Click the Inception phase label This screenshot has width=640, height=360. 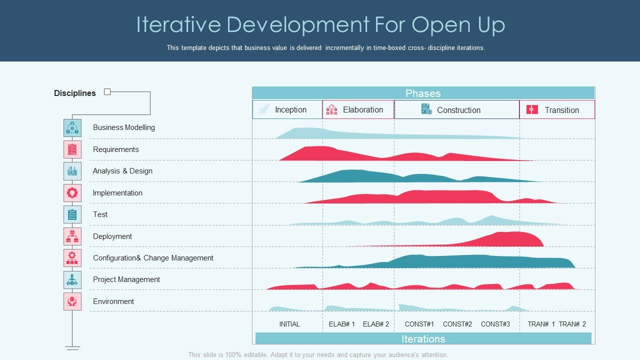point(290,110)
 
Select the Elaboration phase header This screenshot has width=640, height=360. point(362,110)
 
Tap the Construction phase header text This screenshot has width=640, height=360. point(458,110)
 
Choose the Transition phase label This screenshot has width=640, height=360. point(561,110)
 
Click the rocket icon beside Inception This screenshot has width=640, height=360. point(264,109)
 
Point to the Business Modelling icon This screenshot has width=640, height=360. point(72,128)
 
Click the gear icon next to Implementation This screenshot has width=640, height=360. point(72,193)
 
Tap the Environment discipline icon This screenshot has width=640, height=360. point(72,301)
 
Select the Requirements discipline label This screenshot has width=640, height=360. point(115,149)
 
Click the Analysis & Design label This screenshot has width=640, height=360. point(122,171)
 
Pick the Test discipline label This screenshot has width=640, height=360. point(100,214)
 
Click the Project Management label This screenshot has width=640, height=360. point(126,279)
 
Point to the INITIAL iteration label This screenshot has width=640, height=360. point(289,324)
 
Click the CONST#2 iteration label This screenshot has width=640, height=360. point(457,324)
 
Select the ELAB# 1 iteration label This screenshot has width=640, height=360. point(342,324)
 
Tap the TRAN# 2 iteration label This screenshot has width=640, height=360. point(572,324)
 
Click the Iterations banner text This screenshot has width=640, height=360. point(423,339)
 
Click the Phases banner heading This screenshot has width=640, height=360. point(423,93)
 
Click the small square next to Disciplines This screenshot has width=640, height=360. point(107,91)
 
